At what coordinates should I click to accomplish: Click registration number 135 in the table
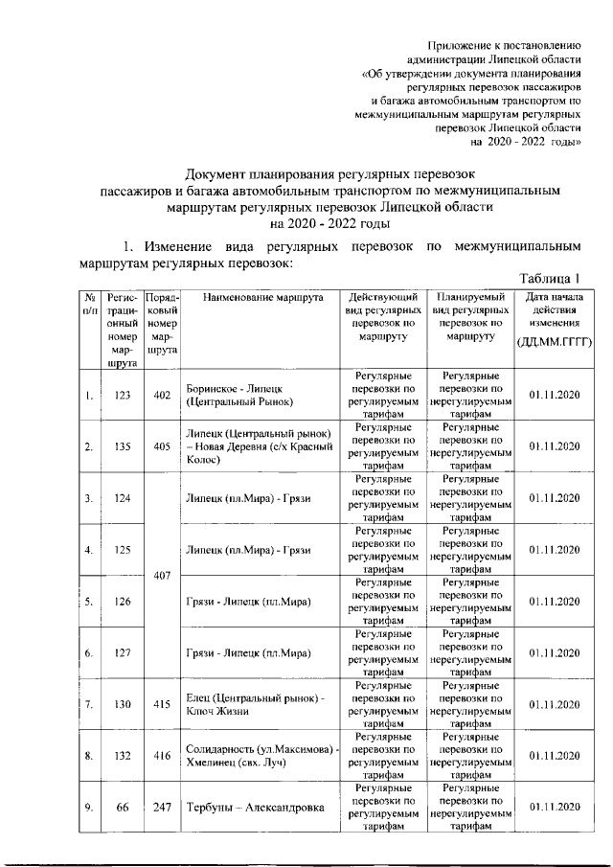[122, 446]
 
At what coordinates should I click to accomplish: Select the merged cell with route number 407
[161, 577]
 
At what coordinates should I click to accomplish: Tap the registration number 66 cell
[122, 808]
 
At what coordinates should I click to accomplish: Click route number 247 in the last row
[161, 808]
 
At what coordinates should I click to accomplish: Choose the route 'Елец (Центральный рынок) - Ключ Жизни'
[255, 704]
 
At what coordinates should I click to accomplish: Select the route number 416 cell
[161, 756]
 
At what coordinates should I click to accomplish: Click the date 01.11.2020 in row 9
[555, 808]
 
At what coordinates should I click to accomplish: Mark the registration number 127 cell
[122, 653]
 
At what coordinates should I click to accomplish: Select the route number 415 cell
[161, 704]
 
